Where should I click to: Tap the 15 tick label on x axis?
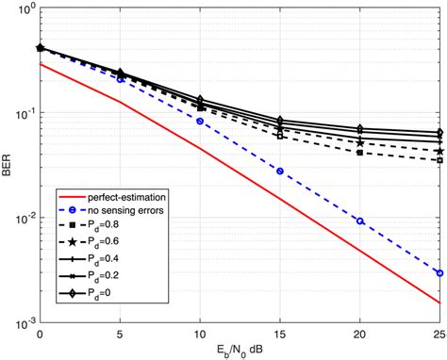280,335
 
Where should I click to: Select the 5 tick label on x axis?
120,335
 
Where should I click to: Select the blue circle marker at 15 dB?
280,171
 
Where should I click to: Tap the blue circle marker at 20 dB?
360,221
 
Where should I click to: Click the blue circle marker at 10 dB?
200,122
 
